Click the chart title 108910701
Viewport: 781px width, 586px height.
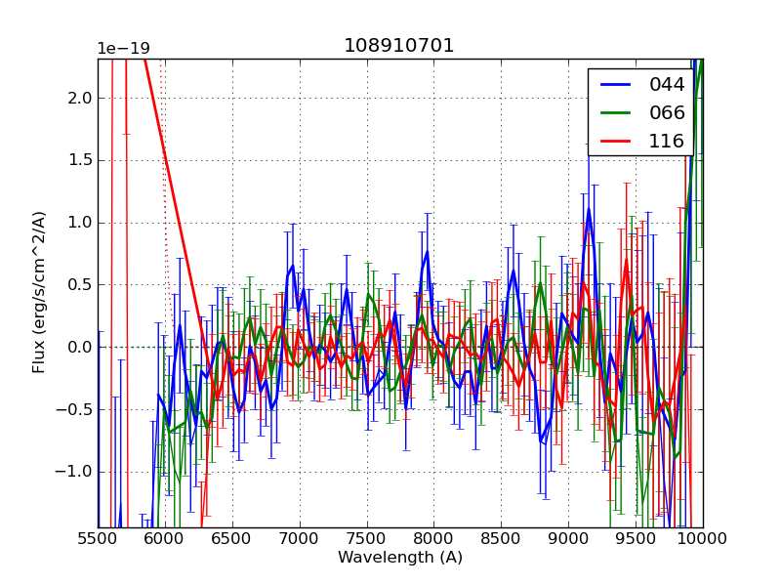(x=399, y=46)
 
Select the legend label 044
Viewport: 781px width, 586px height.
(x=668, y=85)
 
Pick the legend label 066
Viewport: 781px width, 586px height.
(x=668, y=112)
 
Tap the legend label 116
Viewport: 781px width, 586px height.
(x=668, y=141)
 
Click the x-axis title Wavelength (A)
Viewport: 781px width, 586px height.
(x=400, y=558)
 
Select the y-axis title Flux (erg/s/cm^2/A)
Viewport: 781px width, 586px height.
(x=39, y=292)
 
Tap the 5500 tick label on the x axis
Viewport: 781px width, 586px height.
(x=98, y=538)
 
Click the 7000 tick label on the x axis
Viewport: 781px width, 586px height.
(x=300, y=538)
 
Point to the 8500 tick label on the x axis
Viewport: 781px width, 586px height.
(x=501, y=538)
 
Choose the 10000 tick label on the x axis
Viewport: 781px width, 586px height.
(x=703, y=538)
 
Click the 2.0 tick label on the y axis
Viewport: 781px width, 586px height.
(x=80, y=98)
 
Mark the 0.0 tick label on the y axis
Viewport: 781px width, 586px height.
(x=80, y=347)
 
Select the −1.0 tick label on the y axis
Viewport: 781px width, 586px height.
(x=75, y=472)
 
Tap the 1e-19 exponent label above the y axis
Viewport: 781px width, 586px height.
(x=123, y=49)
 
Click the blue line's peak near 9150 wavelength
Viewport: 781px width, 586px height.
(x=589, y=209)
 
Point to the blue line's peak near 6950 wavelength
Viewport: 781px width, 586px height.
(x=292, y=266)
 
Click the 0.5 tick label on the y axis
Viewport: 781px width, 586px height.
(x=80, y=284)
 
